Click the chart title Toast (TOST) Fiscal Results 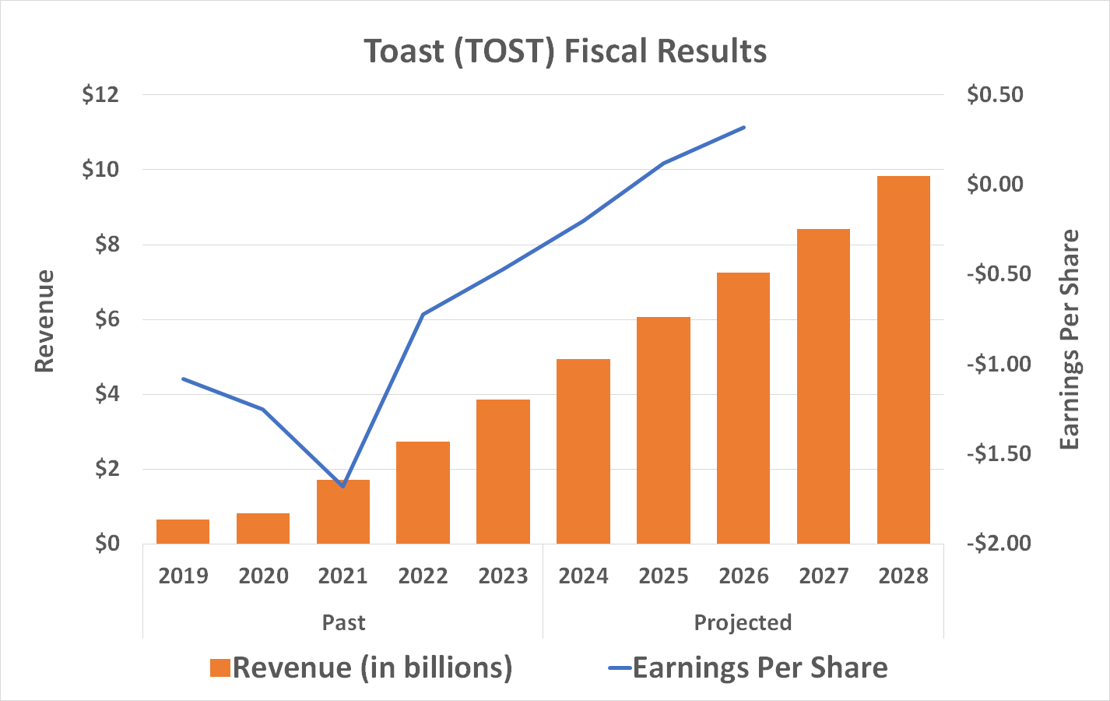(x=565, y=51)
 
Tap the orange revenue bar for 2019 (x=183, y=531)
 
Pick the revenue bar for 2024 (x=583, y=452)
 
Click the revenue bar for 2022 (x=423, y=492)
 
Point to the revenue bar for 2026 (x=743, y=408)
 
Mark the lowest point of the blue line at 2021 (x=343, y=486)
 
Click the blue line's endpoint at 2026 (x=744, y=127)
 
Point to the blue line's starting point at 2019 (x=183, y=379)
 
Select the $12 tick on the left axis (x=100, y=95)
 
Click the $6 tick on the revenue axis (x=107, y=319)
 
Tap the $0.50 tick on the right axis (x=995, y=95)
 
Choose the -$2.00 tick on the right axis (x=998, y=543)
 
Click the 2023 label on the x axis (x=503, y=576)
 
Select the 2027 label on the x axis (x=824, y=576)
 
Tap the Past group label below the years (x=343, y=623)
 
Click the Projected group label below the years (x=743, y=623)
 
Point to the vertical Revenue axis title (x=44, y=321)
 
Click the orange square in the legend (x=220, y=668)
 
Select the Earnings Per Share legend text (x=760, y=668)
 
